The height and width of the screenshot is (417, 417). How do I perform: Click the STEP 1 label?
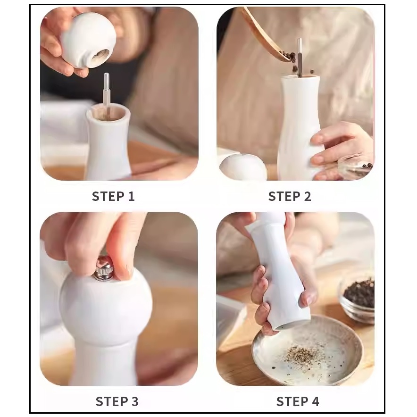113,197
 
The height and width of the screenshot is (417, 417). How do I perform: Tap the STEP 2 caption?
290,197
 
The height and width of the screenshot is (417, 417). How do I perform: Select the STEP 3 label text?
117,401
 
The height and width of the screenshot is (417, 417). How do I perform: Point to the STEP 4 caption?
298,401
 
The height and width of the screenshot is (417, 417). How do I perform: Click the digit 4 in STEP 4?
316,401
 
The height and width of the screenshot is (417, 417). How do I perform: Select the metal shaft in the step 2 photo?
300,58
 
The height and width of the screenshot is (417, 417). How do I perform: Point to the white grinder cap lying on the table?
243,167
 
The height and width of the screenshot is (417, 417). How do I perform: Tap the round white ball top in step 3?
106,306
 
